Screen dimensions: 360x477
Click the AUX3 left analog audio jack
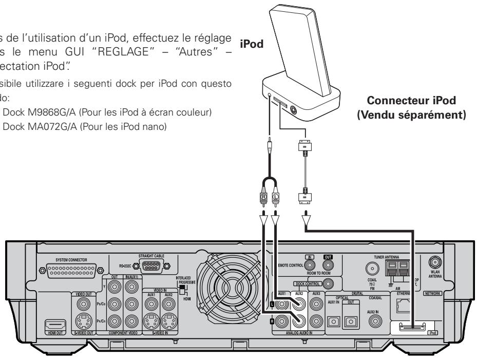(x=316, y=305)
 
